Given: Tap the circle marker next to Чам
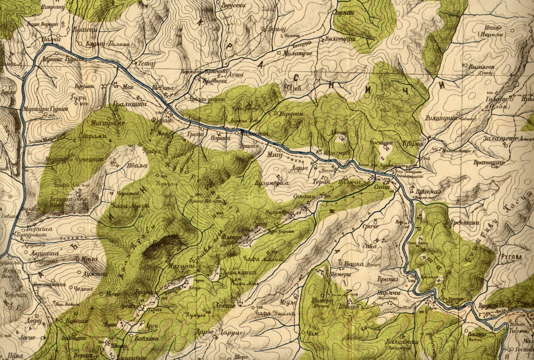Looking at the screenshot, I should click(x=304, y=333).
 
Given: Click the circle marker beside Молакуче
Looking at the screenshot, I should click(x=280, y=53).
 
